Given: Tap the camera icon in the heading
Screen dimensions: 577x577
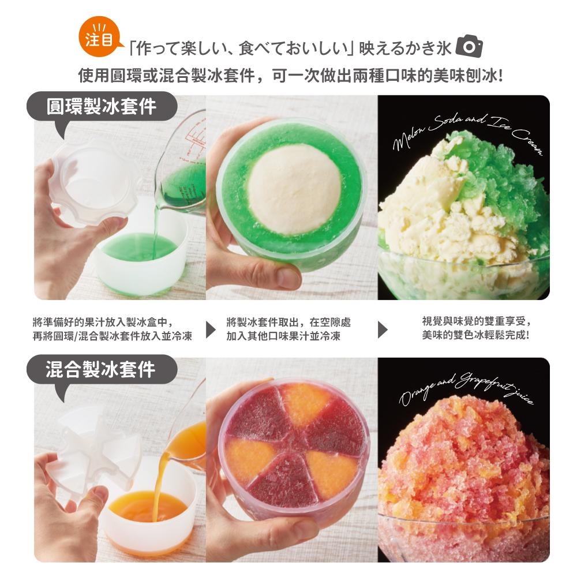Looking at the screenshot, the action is pos(469,46).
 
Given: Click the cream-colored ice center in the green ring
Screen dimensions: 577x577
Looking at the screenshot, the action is pos(294,189).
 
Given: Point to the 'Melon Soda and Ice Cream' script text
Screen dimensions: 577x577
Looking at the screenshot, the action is pos(468,133).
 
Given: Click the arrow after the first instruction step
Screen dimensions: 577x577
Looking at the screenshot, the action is pos(211,329).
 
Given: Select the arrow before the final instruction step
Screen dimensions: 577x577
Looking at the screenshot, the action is pos(383,329).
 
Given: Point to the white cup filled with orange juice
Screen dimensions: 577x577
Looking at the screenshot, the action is pos(147,515).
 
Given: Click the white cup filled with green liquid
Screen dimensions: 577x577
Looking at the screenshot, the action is pos(142,254).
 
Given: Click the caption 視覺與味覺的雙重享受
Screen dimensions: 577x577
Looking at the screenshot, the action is pos(477,321).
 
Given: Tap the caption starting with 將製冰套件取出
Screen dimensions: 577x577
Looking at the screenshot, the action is pos(288,329).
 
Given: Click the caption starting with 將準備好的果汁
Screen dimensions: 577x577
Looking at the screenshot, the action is pos(113,329).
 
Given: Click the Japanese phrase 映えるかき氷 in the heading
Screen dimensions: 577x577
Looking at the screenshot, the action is pos(405,48).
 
